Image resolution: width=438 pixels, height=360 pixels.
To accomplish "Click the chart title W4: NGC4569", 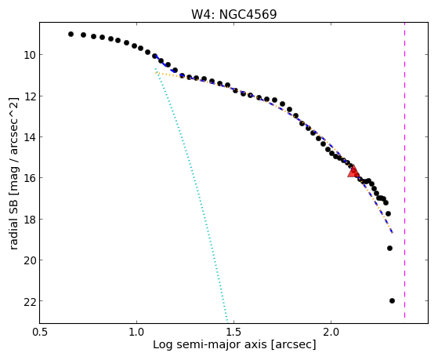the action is [x=233, y=14].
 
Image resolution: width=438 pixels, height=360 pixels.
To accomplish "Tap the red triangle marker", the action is [x=353, y=171].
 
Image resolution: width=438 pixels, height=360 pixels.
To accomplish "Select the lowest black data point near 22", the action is [x=392, y=300].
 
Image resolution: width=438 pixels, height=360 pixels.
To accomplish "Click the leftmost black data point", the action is [x=71, y=35].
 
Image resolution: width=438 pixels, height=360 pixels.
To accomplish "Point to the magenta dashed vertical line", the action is [x=404, y=170].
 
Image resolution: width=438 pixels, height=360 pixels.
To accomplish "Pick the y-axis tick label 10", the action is [x=29, y=55].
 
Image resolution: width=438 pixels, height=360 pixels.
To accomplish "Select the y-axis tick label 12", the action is [x=29, y=96].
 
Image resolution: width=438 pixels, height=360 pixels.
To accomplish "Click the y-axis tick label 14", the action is [x=29, y=137].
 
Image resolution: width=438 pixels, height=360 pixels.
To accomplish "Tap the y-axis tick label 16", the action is [x=29, y=178].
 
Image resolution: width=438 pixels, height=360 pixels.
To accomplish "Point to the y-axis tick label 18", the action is [x=29, y=219].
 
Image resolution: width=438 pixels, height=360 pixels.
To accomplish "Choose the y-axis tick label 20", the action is [x=29, y=260].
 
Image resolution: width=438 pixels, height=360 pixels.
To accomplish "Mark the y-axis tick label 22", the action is [x=29, y=301].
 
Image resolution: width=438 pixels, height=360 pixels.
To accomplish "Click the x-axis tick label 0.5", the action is [x=40, y=332].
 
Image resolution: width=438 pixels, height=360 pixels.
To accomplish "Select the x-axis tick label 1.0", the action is [x=137, y=332].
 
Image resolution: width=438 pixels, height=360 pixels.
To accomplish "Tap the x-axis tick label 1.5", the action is [x=234, y=332].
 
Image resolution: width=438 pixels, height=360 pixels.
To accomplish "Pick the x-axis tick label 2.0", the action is [x=331, y=332].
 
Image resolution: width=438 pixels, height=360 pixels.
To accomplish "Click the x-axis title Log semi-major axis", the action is [x=210, y=344].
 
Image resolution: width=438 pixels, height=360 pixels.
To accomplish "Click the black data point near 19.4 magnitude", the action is [x=389, y=248].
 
